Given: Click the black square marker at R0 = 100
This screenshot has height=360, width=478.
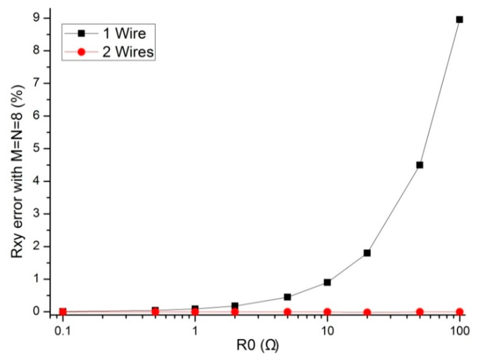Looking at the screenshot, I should click(459, 20).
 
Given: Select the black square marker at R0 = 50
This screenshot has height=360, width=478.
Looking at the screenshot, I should click(420, 165).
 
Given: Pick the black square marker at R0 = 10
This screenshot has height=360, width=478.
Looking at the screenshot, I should click(327, 282).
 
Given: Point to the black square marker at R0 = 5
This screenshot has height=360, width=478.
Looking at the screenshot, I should click(288, 297).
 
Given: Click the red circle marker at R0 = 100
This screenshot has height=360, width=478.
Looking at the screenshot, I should click(459, 312).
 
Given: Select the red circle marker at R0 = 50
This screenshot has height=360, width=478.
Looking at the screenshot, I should click(420, 312).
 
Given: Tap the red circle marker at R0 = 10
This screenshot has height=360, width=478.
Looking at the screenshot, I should click(327, 312).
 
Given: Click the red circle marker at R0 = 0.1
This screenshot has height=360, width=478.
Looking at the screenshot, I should click(63, 312).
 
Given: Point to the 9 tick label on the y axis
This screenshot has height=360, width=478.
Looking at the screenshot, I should click(41, 18).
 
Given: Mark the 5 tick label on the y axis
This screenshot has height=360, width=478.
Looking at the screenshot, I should click(41, 148).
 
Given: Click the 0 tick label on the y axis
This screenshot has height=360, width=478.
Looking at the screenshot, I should click(41, 312).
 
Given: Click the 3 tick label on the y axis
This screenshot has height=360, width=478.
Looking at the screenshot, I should click(41, 214).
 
